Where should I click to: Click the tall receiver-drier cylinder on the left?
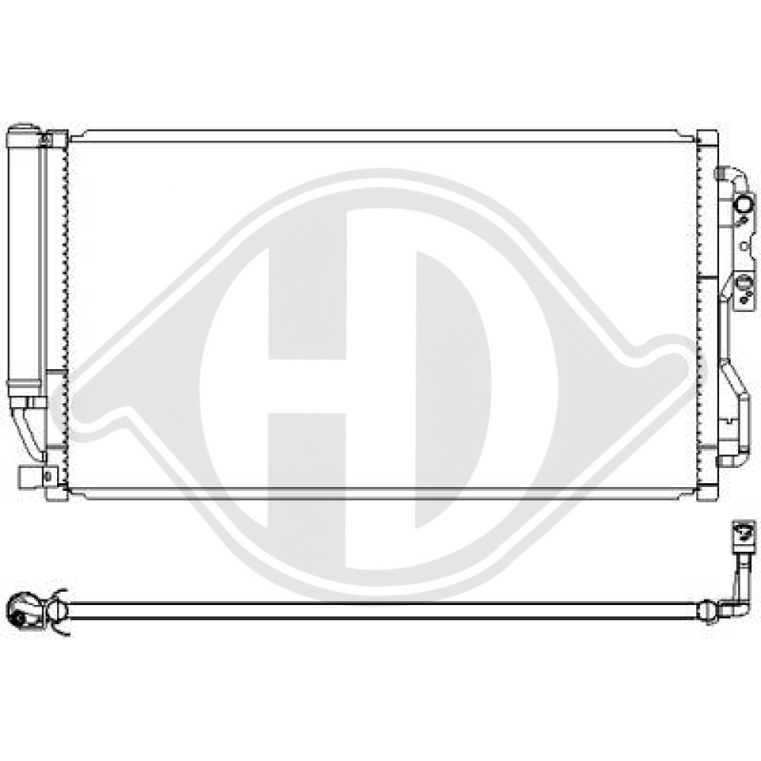24,259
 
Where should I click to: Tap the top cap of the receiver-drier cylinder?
24,129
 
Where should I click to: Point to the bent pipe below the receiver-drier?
29,430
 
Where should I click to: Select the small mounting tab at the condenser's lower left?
29,477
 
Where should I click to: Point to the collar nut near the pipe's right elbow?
708,610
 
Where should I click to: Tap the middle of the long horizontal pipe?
380,610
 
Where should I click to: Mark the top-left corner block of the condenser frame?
56,139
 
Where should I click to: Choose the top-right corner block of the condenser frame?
707,139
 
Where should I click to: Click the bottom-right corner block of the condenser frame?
707,491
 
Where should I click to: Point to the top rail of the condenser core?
380,135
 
